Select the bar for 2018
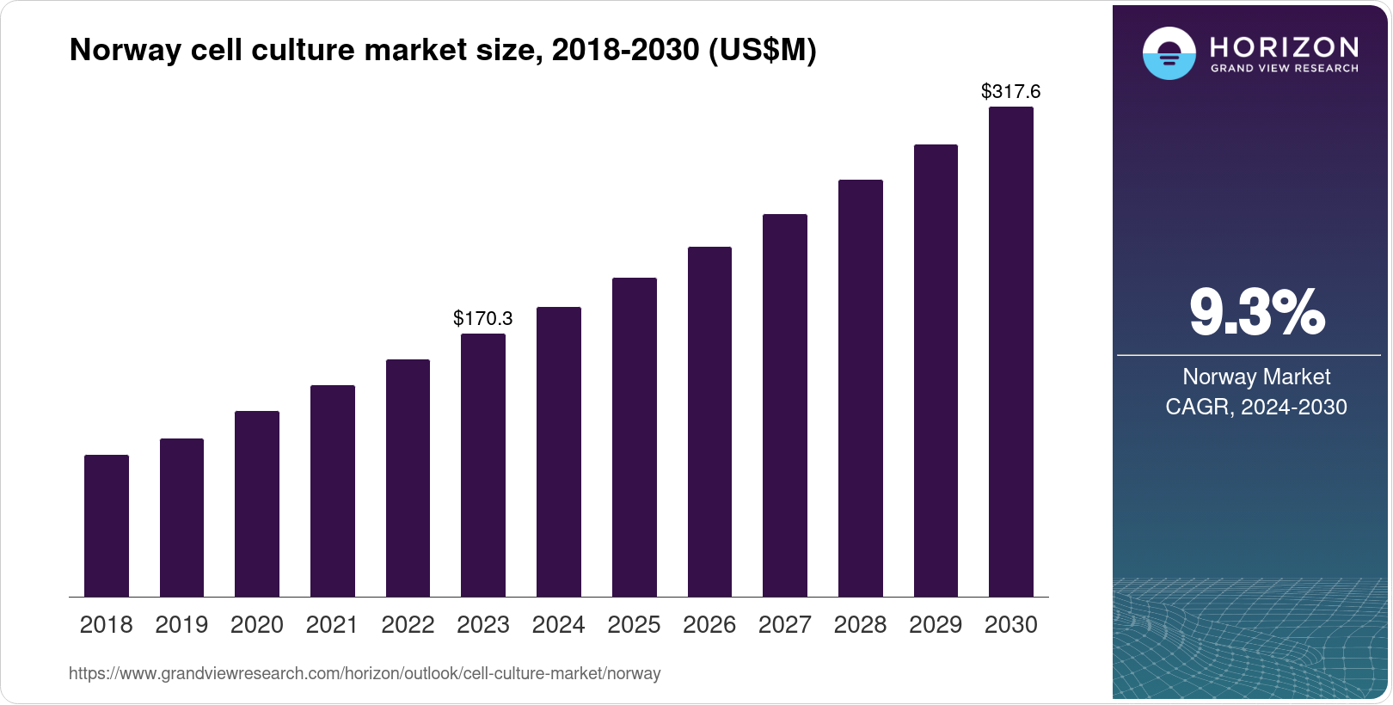(x=107, y=525)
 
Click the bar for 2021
(x=333, y=491)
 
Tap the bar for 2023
(x=483, y=465)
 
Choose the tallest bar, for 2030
(x=1011, y=352)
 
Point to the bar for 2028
(x=861, y=388)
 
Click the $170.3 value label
(x=483, y=318)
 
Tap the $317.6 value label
(x=1010, y=91)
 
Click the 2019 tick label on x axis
(x=181, y=625)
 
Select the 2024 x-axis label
(x=558, y=625)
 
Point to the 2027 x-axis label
(x=784, y=625)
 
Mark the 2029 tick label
(x=936, y=625)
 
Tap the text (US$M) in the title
(x=762, y=50)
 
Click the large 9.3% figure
(x=1257, y=313)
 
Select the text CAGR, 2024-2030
(x=1256, y=407)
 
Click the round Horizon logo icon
(x=1169, y=53)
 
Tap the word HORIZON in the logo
(x=1284, y=46)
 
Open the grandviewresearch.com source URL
(x=365, y=674)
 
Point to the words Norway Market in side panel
(x=1256, y=377)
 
